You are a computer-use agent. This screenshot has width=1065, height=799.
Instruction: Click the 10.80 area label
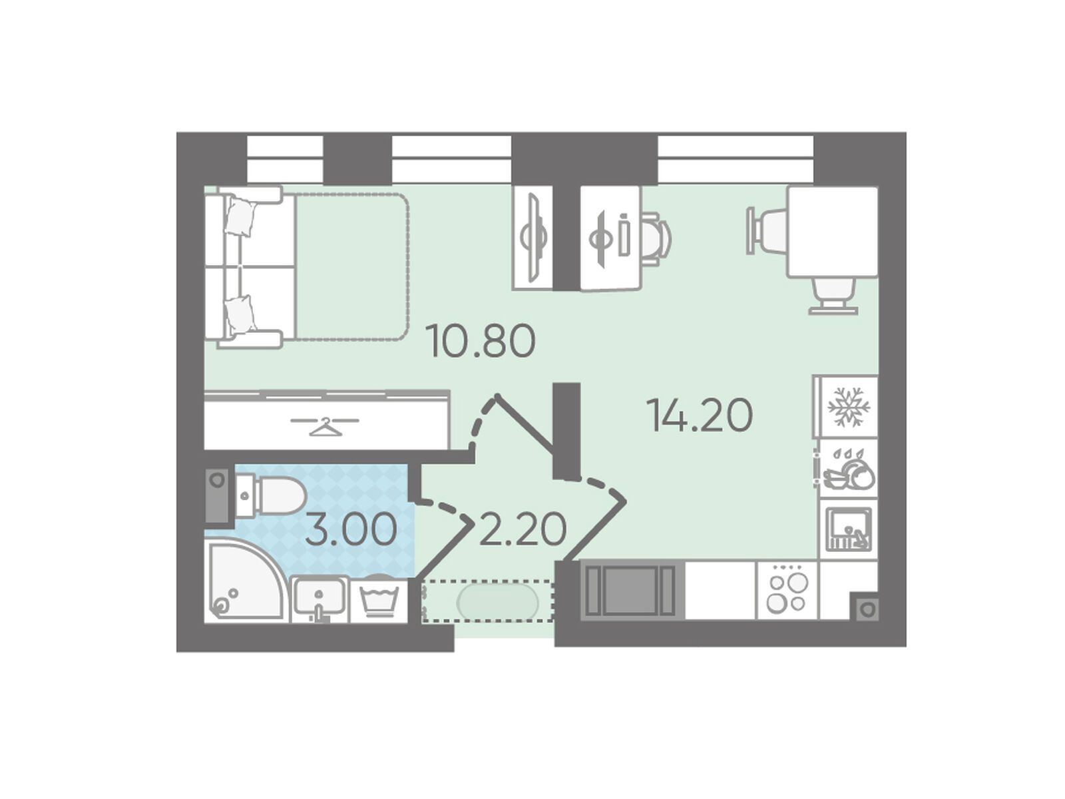tap(480, 341)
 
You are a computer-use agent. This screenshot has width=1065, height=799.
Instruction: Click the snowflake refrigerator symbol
tap(847, 407)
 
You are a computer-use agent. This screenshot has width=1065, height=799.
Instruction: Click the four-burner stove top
tap(787, 593)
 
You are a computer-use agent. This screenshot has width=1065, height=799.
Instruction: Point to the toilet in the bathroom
tap(270, 495)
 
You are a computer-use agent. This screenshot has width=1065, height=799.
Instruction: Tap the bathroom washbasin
tap(319, 599)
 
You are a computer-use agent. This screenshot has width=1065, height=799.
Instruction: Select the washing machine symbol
tap(380, 599)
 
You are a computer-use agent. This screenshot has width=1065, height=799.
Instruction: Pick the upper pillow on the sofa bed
tap(242, 217)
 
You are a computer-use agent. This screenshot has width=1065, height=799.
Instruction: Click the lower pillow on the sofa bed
tap(240, 316)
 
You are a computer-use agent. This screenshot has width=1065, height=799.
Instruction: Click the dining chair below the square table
tap(833, 296)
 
